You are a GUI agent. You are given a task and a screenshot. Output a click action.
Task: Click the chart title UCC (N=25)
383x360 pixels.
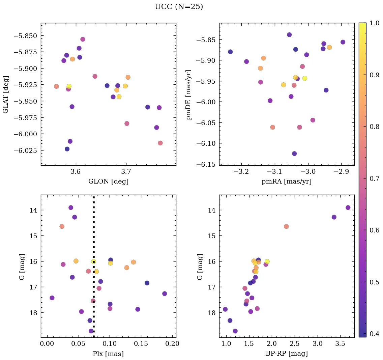pyautogui.click(x=179, y=7)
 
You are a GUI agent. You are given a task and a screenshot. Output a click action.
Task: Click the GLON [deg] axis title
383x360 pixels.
pyautogui.click(x=108, y=182)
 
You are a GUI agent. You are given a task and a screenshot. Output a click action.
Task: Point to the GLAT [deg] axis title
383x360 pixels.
pyautogui.click(x=6, y=94)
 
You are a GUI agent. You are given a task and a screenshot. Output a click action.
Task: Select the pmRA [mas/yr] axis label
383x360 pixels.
pyautogui.click(x=286, y=182)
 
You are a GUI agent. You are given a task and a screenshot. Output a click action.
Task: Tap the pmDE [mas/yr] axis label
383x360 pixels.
pyautogui.click(x=189, y=94)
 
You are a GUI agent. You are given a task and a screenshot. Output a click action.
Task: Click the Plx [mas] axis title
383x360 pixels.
pyautogui.click(x=108, y=354)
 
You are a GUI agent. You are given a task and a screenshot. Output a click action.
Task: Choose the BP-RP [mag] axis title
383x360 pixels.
pyautogui.click(x=286, y=354)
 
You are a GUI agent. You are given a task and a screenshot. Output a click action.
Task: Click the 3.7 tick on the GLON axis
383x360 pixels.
pyautogui.click(x=126, y=171)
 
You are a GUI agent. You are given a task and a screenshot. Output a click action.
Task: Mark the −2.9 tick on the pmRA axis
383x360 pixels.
pyautogui.click(x=341, y=171)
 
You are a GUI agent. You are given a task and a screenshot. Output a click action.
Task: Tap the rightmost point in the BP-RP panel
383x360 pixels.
pyautogui.click(x=348, y=207)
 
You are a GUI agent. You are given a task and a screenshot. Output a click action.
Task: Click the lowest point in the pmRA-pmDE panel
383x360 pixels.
pyautogui.click(x=294, y=154)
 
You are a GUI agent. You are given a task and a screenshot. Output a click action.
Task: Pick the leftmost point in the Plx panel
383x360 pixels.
pyautogui.click(x=52, y=298)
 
